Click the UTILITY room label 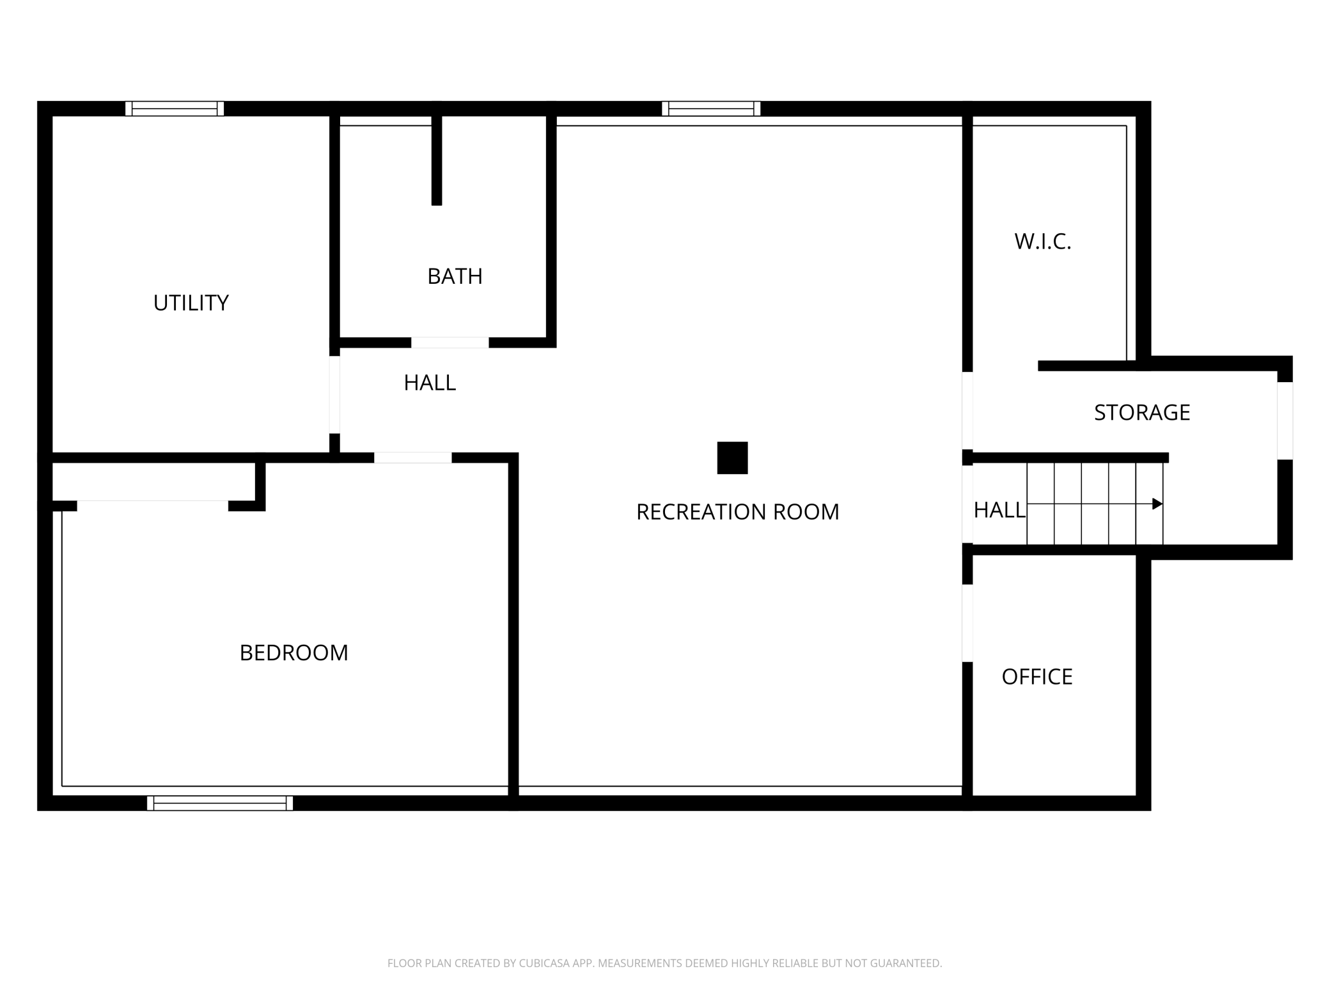(x=191, y=303)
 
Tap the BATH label (x=455, y=277)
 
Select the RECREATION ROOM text (x=737, y=512)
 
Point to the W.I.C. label (x=1042, y=242)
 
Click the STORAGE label (x=1141, y=413)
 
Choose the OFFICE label (x=1037, y=677)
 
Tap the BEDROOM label (x=293, y=653)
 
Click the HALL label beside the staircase (x=999, y=510)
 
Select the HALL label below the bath (x=430, y=383)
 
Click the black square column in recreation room (x=732, y=458)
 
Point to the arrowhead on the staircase (x=1157, y=504)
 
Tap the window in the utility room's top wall (x=175, y=109)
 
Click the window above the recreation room (x=711, y=109)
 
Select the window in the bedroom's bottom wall (x=220, y=803)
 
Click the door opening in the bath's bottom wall (x=450, y=343)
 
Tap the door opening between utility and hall (x=334, y=394)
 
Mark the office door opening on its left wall (x=967, y=623)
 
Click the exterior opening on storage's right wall (x=1285, y=421)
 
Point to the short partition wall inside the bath (x=437, y=160)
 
